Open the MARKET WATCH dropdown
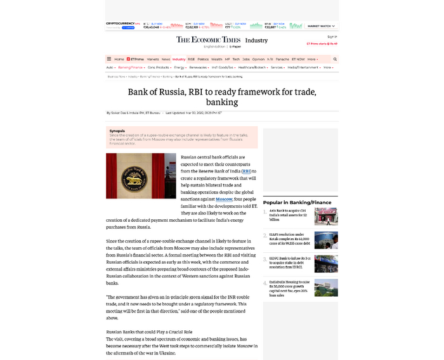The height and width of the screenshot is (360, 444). (x=321, y=26)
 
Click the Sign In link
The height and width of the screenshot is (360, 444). (x=332, y=37)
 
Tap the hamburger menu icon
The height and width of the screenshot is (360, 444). (x=109, y=59)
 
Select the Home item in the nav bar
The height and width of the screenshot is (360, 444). (x=119, y=59)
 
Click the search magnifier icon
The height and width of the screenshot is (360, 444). (x=335, y=59)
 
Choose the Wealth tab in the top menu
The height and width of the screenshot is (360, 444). (x=217, y=59)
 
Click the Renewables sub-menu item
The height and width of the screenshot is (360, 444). (x=199, y=67)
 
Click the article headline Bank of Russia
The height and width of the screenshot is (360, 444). (x=222, y=96)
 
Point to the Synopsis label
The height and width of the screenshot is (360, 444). (x=117, y=131)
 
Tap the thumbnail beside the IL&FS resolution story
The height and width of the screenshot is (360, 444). (x=326, y=240)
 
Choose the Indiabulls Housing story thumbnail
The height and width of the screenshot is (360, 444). (x=326, y=286)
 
